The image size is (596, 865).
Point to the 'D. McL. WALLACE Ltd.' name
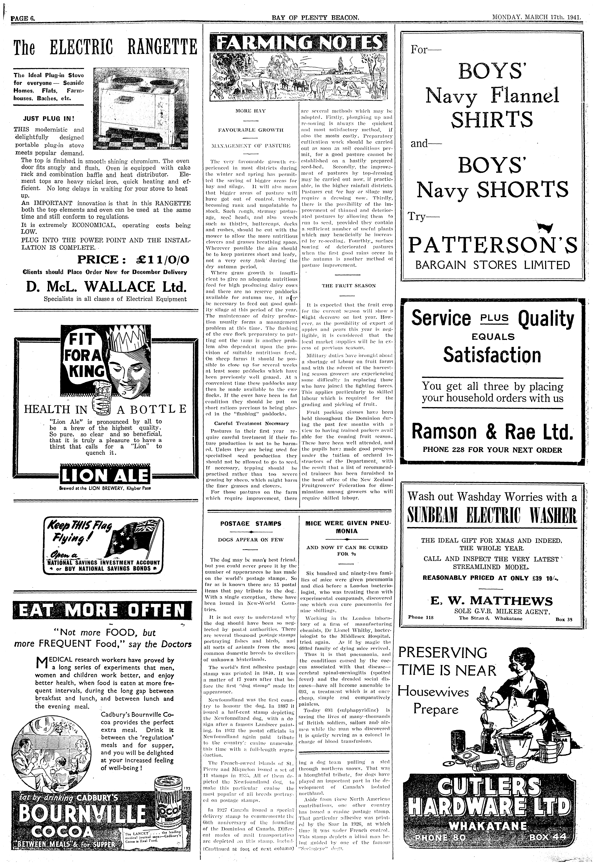tap(106, 286)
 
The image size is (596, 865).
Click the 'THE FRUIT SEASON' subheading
tap(348, 286)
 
